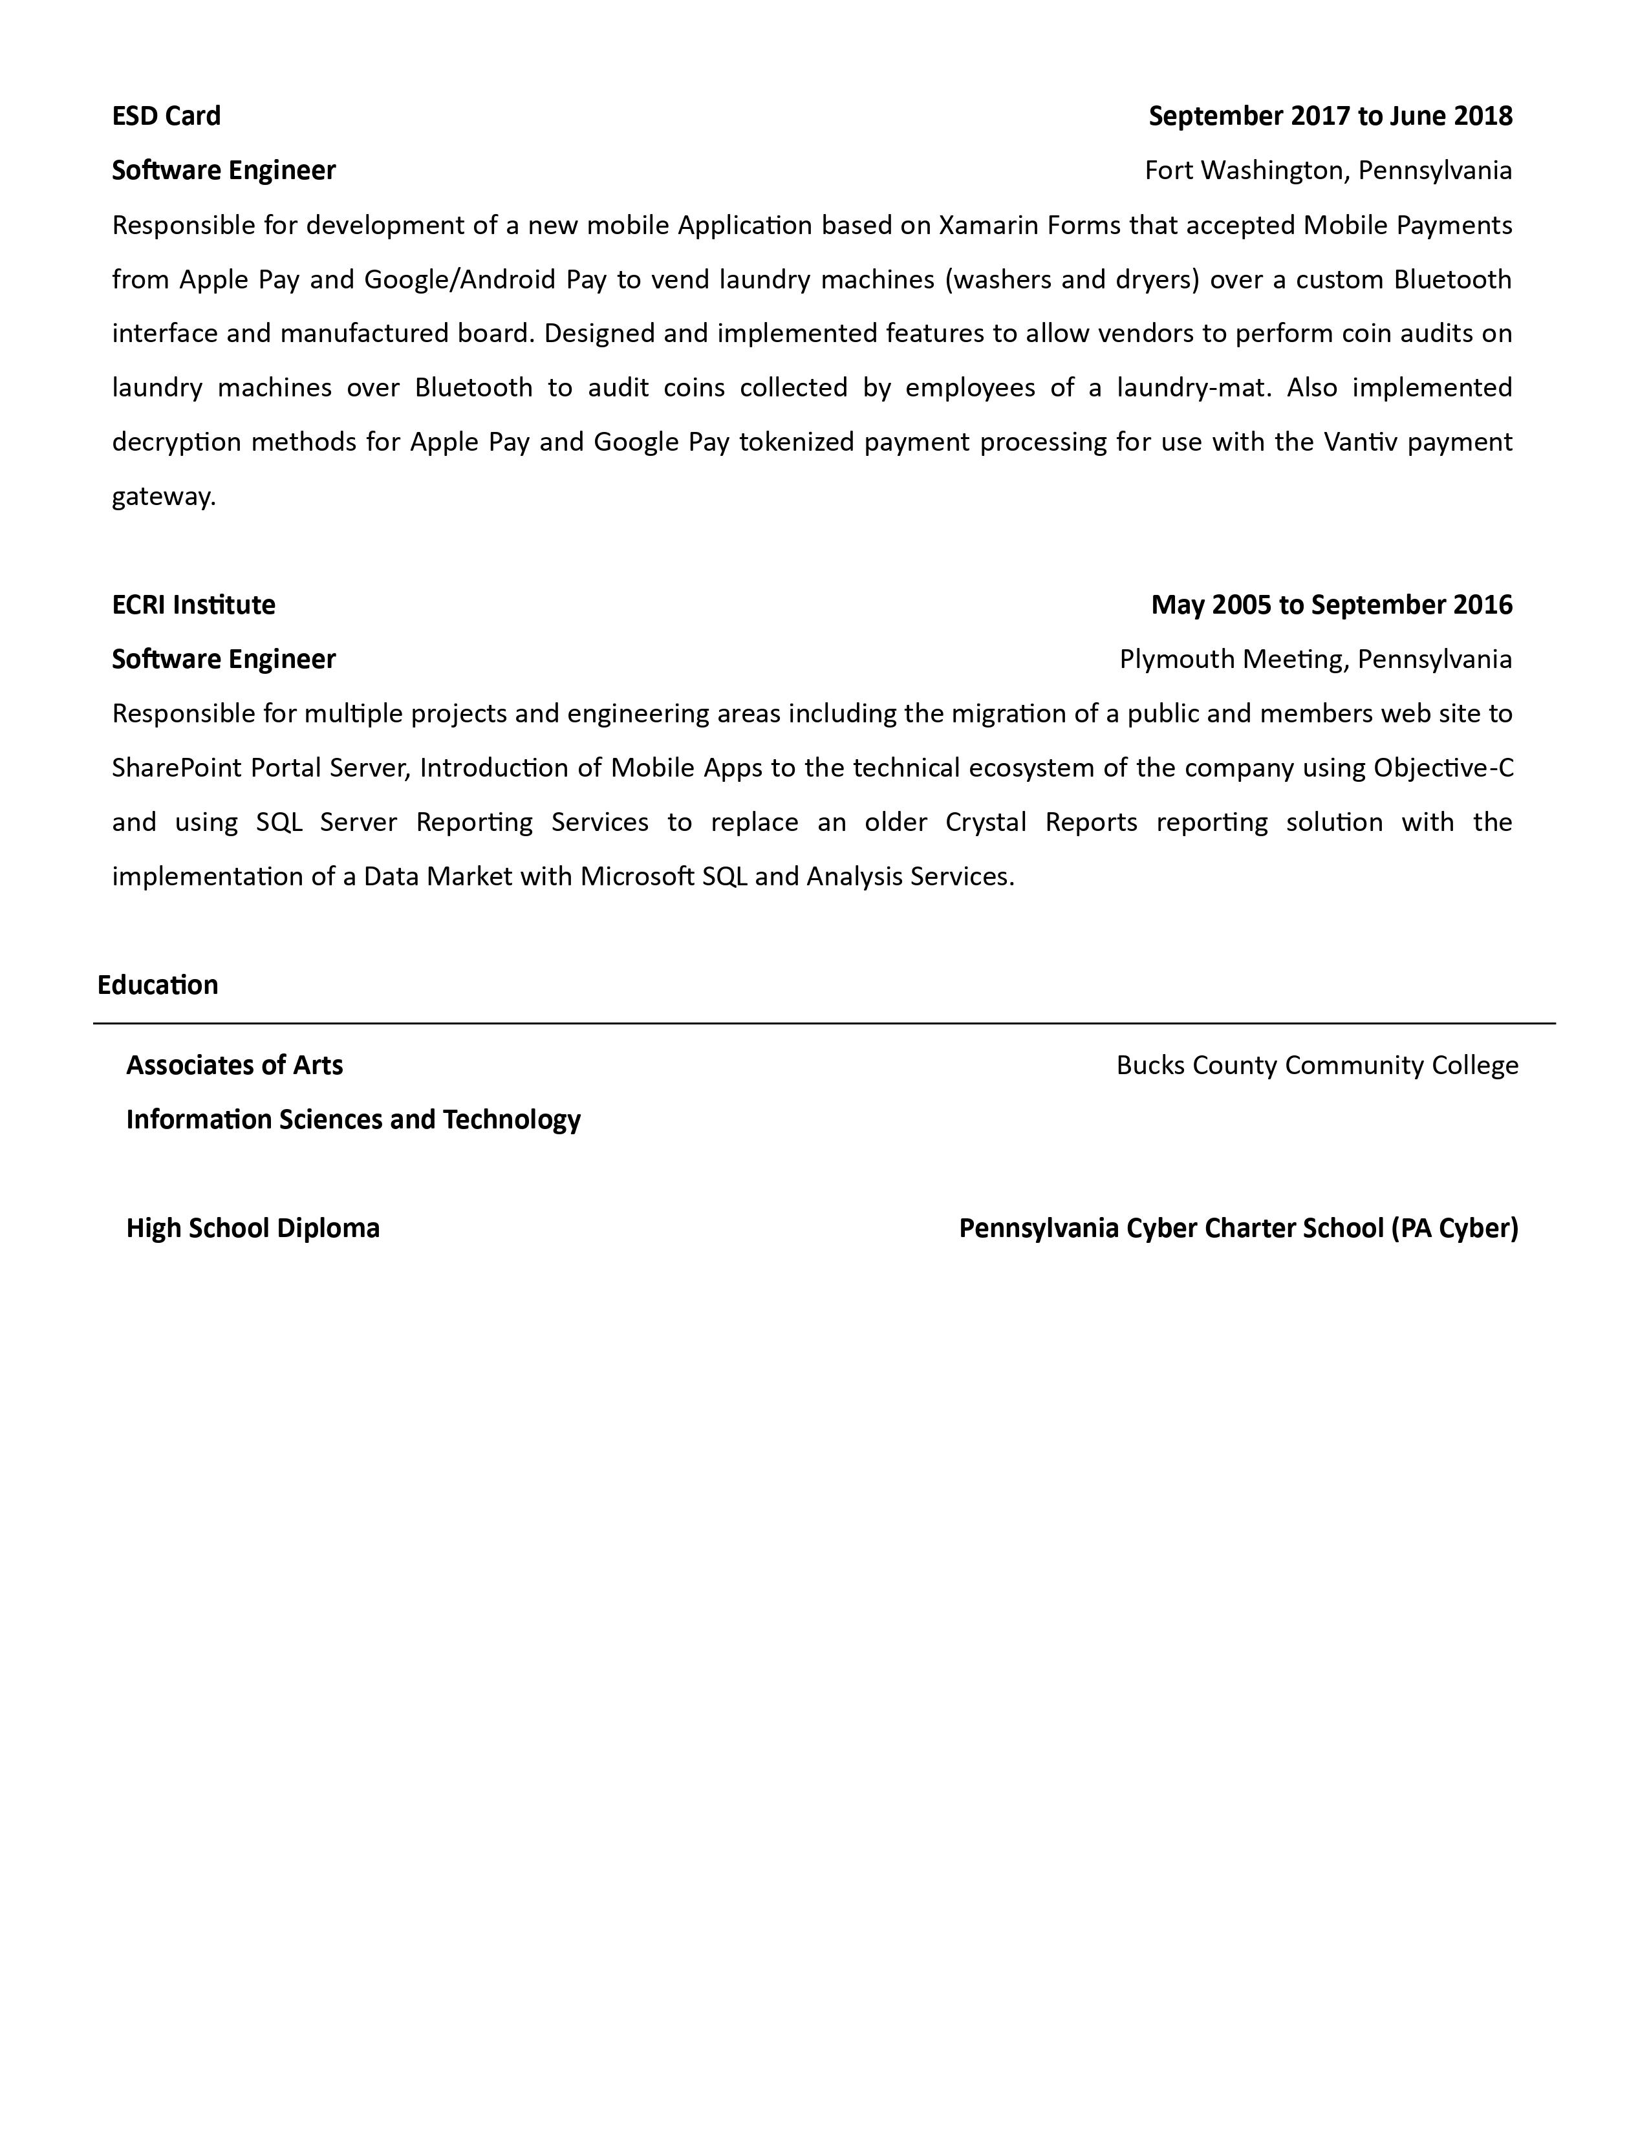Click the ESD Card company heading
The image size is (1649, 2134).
[x=166, y=116]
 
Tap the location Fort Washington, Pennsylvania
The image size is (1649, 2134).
[x=1328, y=171]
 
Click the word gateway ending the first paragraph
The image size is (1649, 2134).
[x=162, y=497]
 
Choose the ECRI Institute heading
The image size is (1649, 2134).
[x=193, y=605]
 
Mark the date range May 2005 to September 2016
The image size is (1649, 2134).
[x=1331, y=605]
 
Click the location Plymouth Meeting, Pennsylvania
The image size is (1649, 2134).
[x=1315, y=660]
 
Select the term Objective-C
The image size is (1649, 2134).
[x=1443, y=768]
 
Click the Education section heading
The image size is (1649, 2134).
[x=157, y=985]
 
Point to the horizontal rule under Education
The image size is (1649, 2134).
[x=823, y=1024]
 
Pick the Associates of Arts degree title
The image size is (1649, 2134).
[x=235, y=1065]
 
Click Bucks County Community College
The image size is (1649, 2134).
[x=1317, y=1065]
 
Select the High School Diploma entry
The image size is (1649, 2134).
[x=253, y=1228]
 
